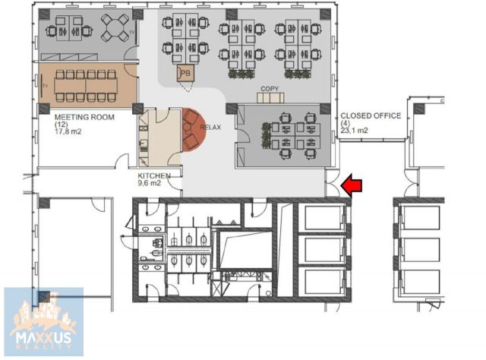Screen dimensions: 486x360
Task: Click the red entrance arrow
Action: [351, 185]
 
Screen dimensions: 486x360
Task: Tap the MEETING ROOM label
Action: [84, 117]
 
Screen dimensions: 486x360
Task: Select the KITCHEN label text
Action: [154, 175]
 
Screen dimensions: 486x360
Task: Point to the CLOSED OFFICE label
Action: [371, 115]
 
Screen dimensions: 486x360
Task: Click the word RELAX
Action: [210, 127]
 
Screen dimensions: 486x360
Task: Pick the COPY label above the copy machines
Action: [270, 89]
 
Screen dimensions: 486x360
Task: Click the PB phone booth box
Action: [185, 74]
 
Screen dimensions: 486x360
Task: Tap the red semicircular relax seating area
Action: [194, 130]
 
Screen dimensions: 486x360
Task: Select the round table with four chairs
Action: [115, 28]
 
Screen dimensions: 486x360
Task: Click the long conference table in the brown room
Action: [86, 86]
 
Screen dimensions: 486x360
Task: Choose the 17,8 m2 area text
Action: [68, 131]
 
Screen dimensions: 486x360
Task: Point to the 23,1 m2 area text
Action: [355, 130]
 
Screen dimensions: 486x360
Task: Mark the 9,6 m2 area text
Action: [149, 183]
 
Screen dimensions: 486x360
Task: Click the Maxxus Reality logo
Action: [44, 322]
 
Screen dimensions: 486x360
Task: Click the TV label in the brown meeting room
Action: [46, 86]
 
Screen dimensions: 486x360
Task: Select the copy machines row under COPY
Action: [270, 98]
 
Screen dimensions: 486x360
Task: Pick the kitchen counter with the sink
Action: [143, 137]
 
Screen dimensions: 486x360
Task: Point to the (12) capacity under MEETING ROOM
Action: [61, 125]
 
